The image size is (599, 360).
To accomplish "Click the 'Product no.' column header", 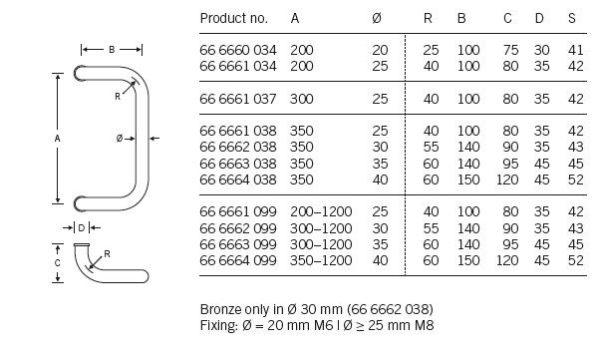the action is (x=234, y=18).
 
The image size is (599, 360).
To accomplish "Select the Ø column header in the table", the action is (x=377, y=18).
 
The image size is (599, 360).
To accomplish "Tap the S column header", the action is (x=571, y=18).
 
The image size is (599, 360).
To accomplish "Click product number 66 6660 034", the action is (x=238, y=50).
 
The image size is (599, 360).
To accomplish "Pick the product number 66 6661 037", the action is (x=238, y=99).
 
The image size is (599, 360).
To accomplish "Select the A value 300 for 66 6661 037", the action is (x=301, y=99).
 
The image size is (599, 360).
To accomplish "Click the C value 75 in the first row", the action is (x=510, y=50).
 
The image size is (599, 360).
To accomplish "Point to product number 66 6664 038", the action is (x=238, y=180).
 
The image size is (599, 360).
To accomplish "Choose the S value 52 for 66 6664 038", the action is (x=575, y=180).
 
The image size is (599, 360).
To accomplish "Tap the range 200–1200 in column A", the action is (x=321, y=211).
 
